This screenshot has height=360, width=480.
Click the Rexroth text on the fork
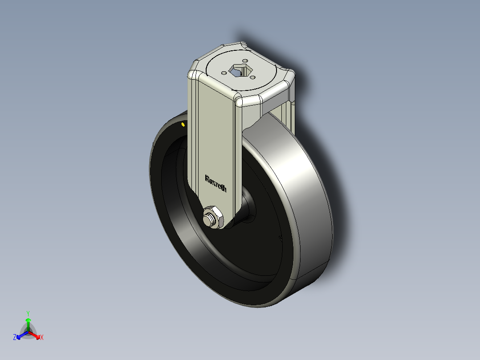coord(216,183)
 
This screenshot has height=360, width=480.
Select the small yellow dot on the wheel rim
coord(183,124)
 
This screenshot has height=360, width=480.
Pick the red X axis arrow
coord(35,335)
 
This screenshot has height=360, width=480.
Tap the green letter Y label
coord(28,313)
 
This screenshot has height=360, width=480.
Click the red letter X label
coord(42,338)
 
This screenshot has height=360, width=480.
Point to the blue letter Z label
coord(15,338)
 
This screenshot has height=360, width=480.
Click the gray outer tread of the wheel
coord(307,200)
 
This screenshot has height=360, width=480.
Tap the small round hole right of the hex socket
coord(252,77)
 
